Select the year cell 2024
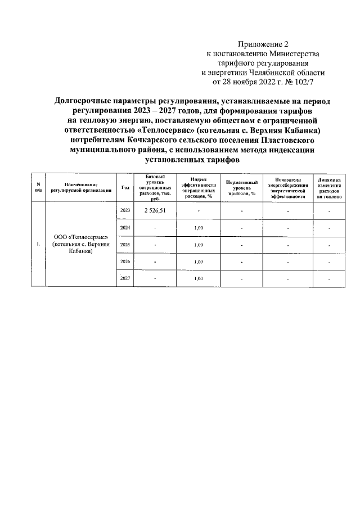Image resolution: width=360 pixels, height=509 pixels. [124, 227]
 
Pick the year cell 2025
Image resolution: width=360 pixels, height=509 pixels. [124, 245]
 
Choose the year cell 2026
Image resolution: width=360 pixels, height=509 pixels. [124, 262]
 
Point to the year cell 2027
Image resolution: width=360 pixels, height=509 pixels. [124, 278]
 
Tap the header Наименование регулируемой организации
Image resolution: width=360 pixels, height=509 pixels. [81, 187]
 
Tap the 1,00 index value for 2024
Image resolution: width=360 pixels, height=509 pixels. [198, 227]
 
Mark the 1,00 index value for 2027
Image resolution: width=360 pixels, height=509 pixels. [198, 278]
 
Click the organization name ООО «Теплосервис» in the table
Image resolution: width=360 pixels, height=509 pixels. [81, 238]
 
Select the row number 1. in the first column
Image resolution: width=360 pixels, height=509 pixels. [38, 244]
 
